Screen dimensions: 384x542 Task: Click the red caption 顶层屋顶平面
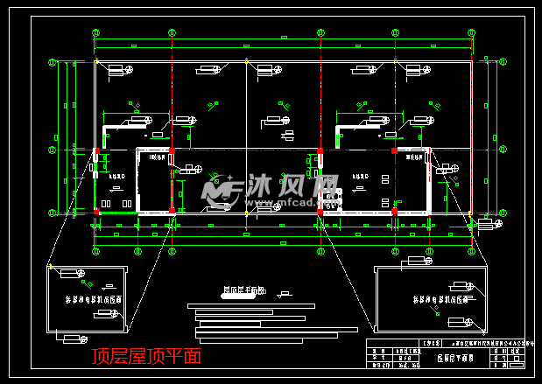[148, 356]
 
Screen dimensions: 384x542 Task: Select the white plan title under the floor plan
[243, 291]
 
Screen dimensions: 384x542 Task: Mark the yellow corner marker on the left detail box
[50, 266]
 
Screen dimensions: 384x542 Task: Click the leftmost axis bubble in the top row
[95, 32]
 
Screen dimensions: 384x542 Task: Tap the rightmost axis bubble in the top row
[471, 32]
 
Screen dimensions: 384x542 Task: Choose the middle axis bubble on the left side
[52, 149]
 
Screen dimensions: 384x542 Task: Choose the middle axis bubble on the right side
[503, 149]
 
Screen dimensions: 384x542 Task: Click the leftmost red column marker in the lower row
[97, 212]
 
